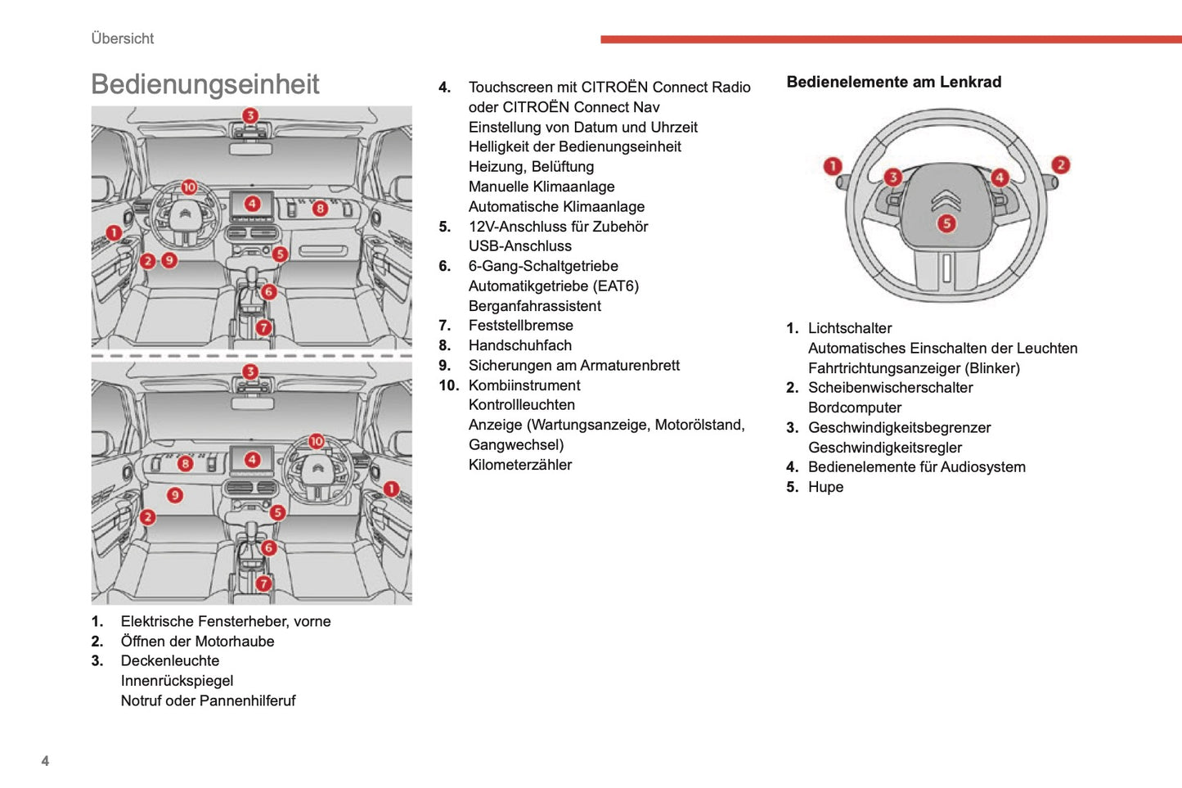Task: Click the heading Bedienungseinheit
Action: [204, 84]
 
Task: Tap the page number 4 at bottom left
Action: [45, 761]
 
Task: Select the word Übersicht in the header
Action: [123, 38]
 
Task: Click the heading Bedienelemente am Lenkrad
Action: [893, 82]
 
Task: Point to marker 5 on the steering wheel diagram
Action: [946, 223]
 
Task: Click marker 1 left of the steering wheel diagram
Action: [833, 166]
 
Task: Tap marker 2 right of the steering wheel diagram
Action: [1060, 164]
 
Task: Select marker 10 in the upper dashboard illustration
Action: [189, 187]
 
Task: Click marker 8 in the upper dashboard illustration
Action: [320, 208]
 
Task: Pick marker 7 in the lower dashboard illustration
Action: [263, 583]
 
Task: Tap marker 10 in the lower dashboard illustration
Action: [317, 441]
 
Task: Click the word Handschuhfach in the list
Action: [519, 345]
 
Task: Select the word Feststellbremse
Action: [520, 325]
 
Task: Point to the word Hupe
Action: [825, 487]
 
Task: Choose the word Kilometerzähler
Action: [519, 465]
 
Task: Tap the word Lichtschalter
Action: [849, 328]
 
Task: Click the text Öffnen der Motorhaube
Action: [197, 642]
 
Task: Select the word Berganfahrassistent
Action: [534, 306]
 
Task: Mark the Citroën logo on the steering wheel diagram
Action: [946, 200]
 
